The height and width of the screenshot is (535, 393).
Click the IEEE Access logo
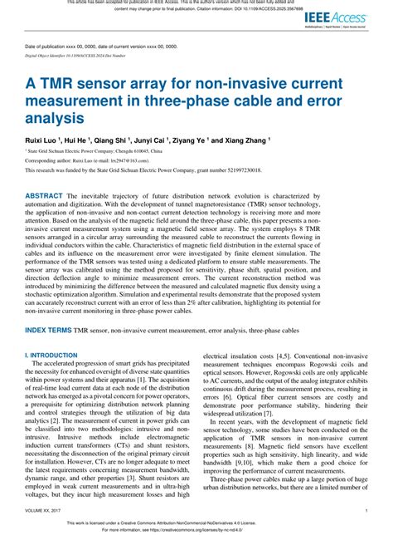tap(347, 17)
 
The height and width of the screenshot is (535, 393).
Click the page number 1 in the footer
tap(366, 510)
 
